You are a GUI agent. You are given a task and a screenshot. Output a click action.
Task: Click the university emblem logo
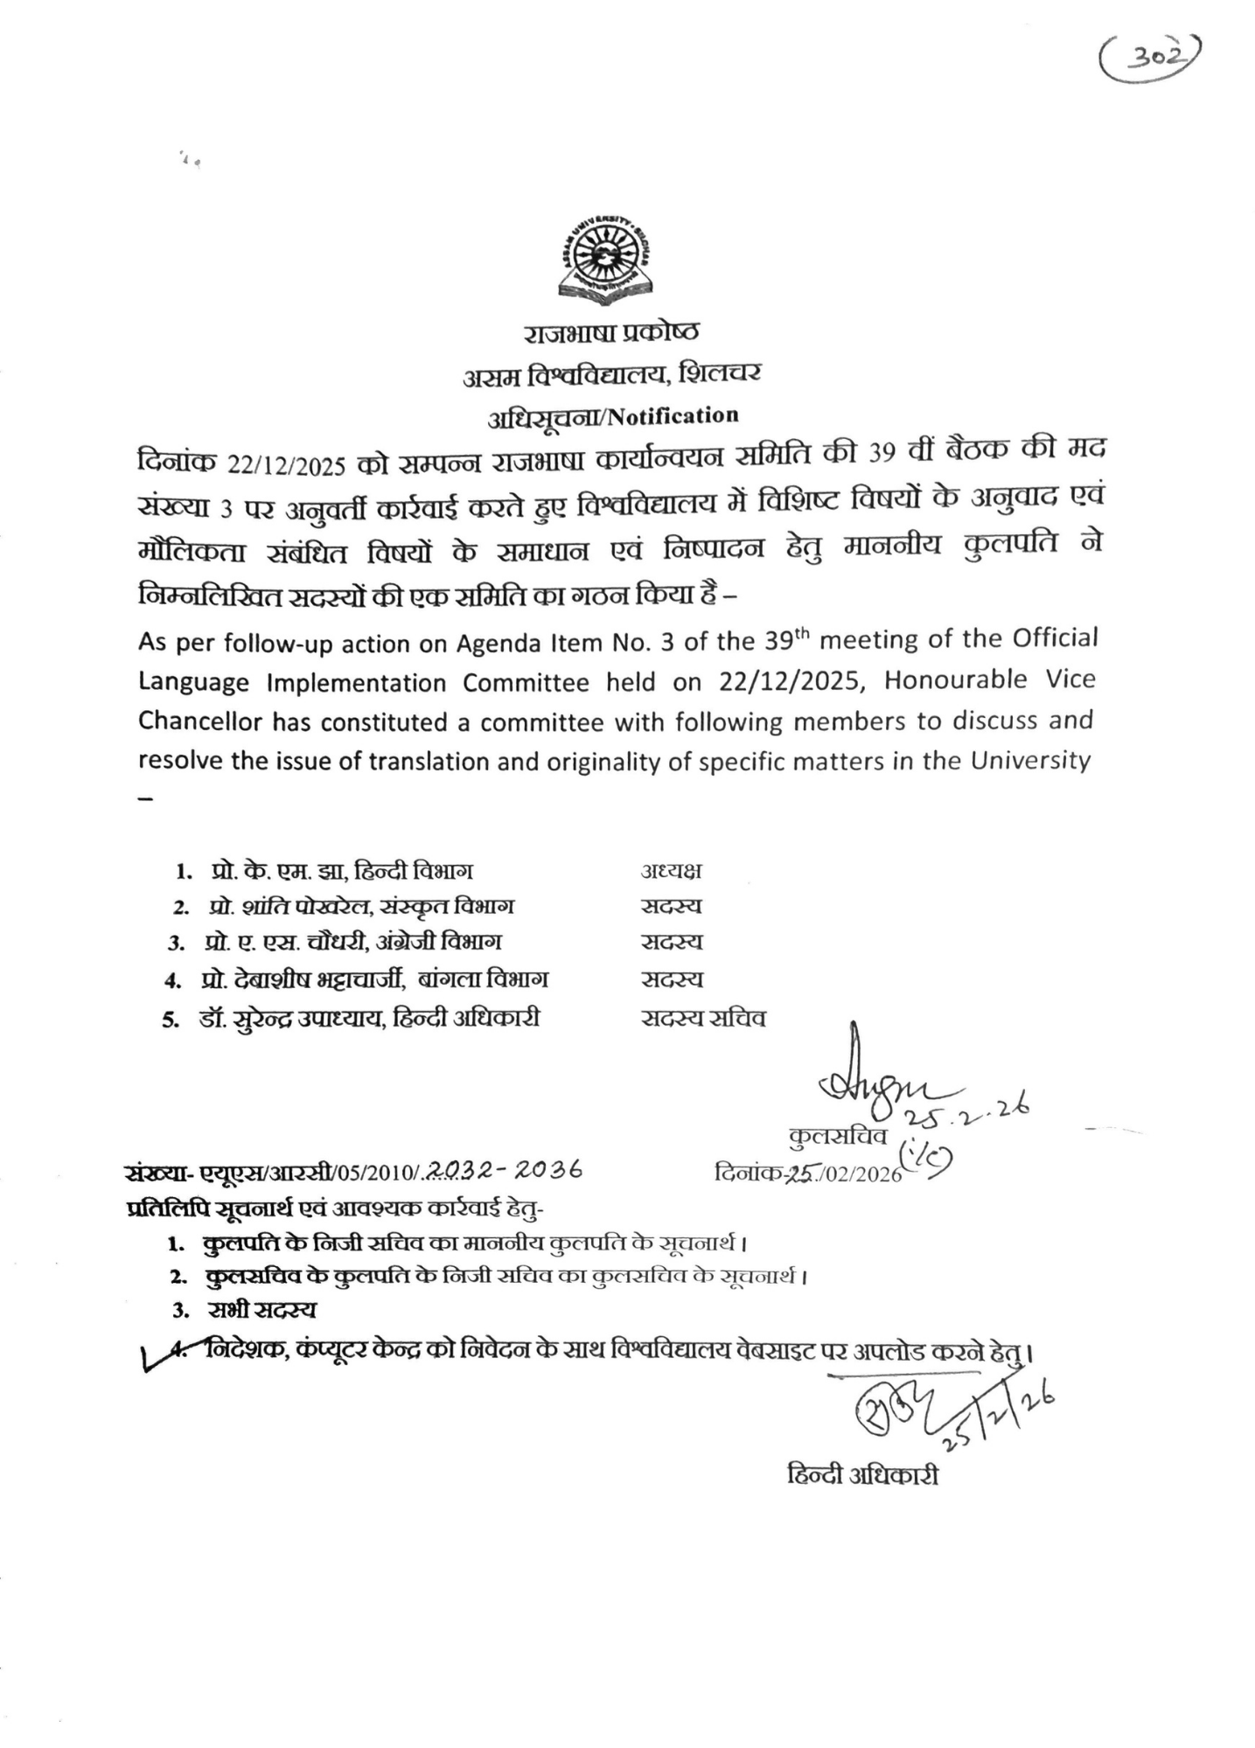[x=604, y=261]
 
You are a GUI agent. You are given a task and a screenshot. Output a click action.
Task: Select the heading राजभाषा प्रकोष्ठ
[x=611, y=333]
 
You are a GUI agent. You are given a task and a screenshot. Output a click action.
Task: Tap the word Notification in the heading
[x=673, y=416]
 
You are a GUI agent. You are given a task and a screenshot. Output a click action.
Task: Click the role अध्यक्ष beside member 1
[x=671, y=871]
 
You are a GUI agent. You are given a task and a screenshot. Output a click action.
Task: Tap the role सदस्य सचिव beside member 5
[x=703, y=1018]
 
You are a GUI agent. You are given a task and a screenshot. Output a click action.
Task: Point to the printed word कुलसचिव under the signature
[x=838, y=1136]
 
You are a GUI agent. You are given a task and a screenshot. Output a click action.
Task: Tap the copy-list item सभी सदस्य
[x=261, y=1310]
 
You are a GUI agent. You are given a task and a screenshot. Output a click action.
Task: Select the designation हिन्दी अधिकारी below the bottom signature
[x=862, y=1476]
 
